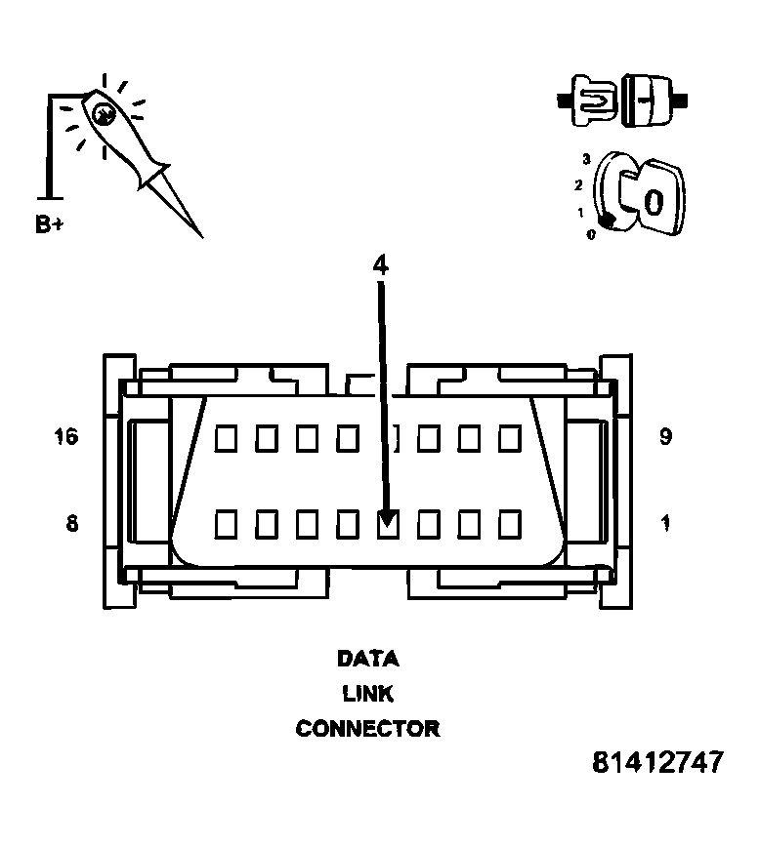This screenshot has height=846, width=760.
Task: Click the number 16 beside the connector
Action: click(66, 436)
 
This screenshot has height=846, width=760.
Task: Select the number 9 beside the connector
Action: click(665, 436)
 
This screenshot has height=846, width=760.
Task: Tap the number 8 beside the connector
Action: click(71, 524)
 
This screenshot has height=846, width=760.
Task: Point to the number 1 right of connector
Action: click(665, 524)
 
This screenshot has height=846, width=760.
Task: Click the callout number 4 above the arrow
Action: click(380, 264)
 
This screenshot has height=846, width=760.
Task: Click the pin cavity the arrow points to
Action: click(388, 524)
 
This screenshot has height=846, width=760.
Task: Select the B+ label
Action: click(49, 224)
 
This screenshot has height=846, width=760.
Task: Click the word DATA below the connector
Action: click(367, 659)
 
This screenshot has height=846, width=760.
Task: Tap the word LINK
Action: click(367, 694)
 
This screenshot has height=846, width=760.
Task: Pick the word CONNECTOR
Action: click(367, 729)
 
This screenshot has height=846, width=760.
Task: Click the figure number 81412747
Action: click(657, 762)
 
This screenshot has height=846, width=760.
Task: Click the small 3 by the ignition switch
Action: click(585, 159)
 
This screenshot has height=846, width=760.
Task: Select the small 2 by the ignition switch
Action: click(578, 185)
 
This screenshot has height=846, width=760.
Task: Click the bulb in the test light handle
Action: click(103, 113)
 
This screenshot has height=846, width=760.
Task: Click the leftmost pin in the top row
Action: click(226, 437)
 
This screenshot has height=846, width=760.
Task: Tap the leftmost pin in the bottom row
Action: click(226, 524)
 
